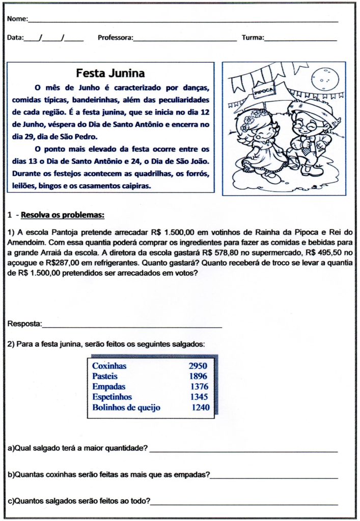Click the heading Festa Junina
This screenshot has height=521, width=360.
[110, 73]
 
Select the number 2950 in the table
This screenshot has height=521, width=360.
[198, 366]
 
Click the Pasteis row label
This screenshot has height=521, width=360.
[105, 376]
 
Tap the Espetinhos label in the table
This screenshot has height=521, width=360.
[112, 397]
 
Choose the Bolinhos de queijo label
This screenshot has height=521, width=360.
[126, 407]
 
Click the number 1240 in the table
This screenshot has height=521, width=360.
[200, 407]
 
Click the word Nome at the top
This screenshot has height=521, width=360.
[17, 19]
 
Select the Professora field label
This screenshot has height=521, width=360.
[115, 38]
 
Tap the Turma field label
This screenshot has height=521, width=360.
[253, 38]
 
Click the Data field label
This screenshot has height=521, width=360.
[15, 38]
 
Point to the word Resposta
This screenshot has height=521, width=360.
[24, 324]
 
